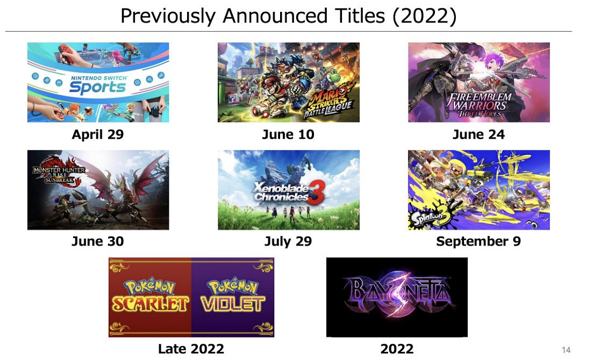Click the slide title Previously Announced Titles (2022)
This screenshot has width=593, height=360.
point(288,16)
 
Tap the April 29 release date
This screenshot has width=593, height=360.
point(98,134)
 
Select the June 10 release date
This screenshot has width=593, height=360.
point(288,134)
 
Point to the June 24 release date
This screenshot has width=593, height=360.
point(479,134)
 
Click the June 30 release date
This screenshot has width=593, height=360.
point(98,241)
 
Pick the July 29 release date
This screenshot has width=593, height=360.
point(288,241)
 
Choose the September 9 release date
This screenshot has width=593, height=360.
point(479,241)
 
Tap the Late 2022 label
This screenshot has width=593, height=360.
point(191,349)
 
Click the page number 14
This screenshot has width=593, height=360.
point(566,350)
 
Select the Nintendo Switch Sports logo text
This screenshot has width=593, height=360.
point(97,85)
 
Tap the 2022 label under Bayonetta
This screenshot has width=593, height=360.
point(397,349)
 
